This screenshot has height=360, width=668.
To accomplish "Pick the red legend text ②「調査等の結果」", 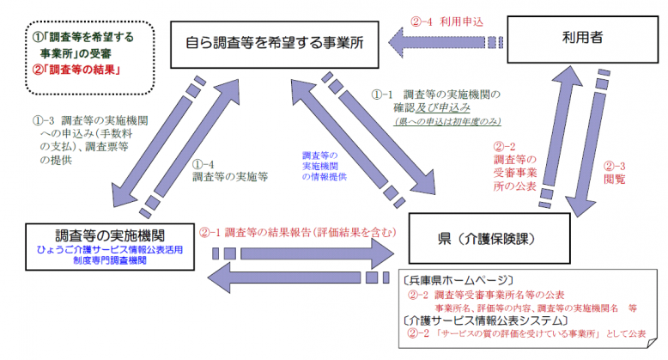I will tap(72, 70).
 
